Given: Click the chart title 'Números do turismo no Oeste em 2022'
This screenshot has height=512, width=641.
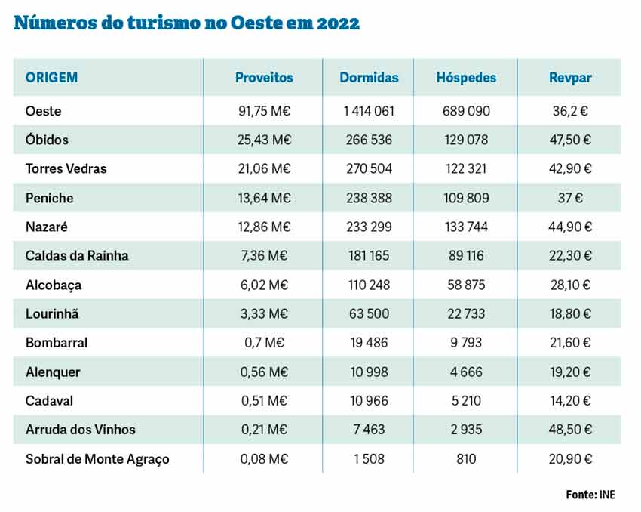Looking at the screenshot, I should click(x=187, y=23).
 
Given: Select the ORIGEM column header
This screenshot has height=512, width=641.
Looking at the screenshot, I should click(x=52, y=78).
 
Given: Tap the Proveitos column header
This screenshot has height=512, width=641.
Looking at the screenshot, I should click(x=264, y=78).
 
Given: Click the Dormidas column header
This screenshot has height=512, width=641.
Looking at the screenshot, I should click(x=369, y=78).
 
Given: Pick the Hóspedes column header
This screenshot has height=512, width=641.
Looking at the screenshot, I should click(x=466, y=78).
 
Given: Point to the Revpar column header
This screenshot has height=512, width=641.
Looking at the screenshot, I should click(x=571, y=78).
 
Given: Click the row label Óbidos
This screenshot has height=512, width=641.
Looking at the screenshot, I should click(x=47, y=140).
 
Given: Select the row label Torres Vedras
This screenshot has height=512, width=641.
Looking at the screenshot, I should click(x=66, y=168).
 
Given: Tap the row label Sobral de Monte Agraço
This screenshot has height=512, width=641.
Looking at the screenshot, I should click(x=97, y=458).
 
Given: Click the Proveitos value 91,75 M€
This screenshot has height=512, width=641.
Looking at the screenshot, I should click(x=264, y=111).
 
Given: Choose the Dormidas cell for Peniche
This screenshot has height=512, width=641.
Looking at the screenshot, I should click(x=369, y=198).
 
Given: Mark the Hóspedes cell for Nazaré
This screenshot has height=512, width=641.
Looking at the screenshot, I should click(x=466, y=227).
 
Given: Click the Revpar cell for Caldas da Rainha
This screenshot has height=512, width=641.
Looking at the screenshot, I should click(x=571, y=256).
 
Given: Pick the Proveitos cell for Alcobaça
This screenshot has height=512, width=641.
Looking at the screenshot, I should click(x=264, y=285).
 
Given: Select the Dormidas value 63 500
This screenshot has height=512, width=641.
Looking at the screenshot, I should click(x=369, y=313).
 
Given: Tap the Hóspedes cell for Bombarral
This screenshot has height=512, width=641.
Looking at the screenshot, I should click(x=466, y=343).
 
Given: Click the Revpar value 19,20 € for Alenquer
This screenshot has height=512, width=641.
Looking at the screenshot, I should click(x=571, y=372).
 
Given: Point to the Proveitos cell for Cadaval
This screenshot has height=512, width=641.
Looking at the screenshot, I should click(x=264, y=400).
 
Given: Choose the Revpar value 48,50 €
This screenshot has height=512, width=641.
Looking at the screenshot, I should click(x=571, y=430).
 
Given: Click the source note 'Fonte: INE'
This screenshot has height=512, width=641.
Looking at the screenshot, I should click(x=590, y=495).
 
